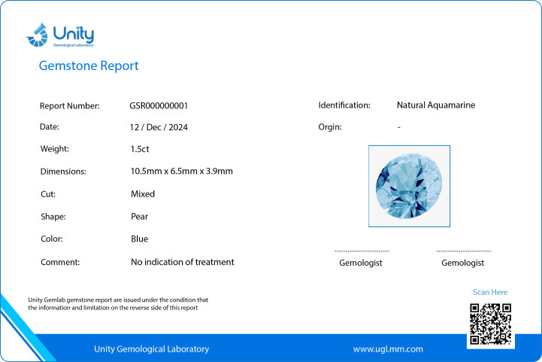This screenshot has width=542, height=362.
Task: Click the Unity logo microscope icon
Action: [x=37, y=35]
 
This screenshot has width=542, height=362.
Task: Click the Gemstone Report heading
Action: [x=89, y=65]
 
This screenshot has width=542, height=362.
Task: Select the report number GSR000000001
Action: [x=159, y=105]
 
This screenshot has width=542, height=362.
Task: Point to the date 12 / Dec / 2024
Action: [x=159, y=127]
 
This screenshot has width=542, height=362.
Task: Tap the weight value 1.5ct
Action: [x=140, y=149]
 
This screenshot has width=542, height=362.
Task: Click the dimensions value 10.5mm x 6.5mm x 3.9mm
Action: [x=181, y=171]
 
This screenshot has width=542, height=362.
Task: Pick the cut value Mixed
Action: [x=142, y=194]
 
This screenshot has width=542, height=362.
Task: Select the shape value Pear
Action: [x=139, y=216]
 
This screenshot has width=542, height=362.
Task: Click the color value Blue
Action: [x=139, y=239]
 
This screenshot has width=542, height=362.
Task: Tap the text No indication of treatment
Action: [x=182, y=262]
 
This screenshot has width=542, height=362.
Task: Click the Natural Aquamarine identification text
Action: [x=436, y=105]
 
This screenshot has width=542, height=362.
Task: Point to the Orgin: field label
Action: [x=330, y=127]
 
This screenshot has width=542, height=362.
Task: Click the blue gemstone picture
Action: [x=409, y=186]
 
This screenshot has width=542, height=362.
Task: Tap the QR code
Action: [x=490, y=324]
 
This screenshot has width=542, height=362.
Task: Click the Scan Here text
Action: [x=490, y=292]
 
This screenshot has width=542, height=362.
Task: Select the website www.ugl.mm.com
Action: [x=388, y=349]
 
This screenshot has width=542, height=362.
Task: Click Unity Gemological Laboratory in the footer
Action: [x=151, y=349]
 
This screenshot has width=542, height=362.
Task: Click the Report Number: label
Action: [x=69, y=106]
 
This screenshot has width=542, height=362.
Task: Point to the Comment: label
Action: [x=60, y=263]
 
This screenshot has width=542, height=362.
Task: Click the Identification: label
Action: [x=344, y=105]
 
